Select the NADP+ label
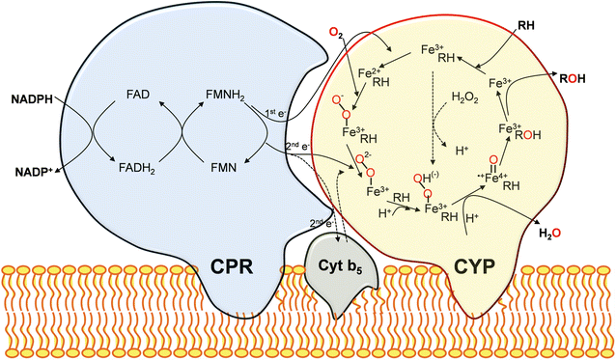coord(31,172)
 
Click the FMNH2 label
coord(228,95)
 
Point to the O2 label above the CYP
coord(336,35)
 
